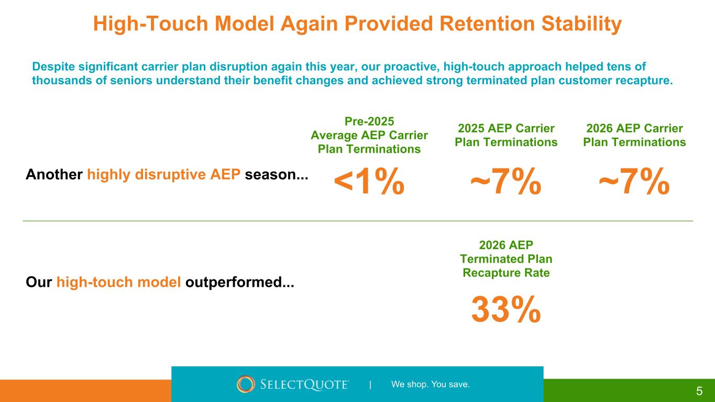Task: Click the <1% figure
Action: coord(369,181)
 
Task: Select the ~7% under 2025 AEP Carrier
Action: coord(505,181)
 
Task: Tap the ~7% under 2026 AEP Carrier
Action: coord(634,181)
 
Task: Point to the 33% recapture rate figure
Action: coord(505,309)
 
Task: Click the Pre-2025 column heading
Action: coord(369,135)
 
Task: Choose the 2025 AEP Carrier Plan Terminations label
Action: coord(506,135)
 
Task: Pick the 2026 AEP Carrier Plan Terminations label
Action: coord(634,135)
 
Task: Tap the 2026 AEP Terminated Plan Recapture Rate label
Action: coord(506,259)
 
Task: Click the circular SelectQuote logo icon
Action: coord(246,384)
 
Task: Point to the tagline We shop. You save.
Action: coord(431,384)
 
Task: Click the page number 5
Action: coord(699,391)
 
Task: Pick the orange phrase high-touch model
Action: coord(119,283)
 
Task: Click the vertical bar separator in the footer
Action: coord(370,385)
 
